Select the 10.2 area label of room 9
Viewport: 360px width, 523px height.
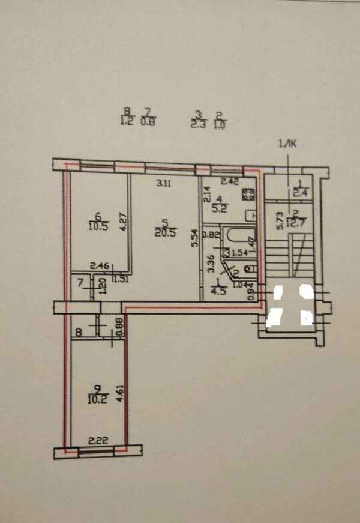(x=92, y=398)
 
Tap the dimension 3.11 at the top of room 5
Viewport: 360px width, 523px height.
(x=163, y=184)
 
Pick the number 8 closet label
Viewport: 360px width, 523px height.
(x=78, y=330)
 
